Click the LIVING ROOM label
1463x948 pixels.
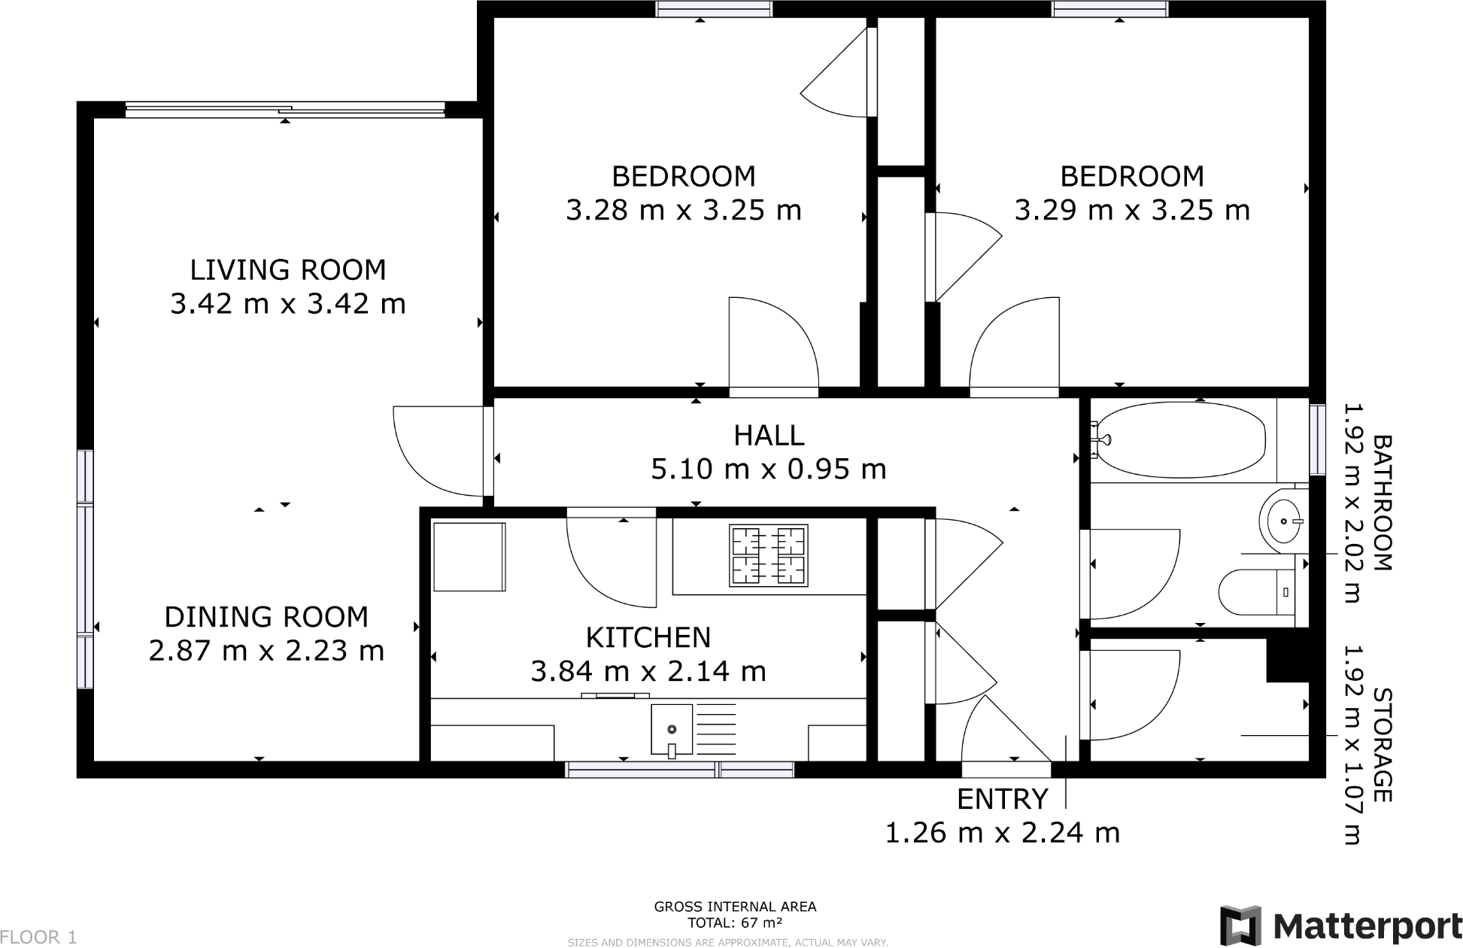[x=287, y=269]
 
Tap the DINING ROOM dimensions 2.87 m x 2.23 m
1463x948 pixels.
[x=266, y=650]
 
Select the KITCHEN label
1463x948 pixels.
[x=648, y=637]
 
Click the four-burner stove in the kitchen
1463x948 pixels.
[x=768, y=555]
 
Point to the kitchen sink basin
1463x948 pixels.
[x=671, y=728]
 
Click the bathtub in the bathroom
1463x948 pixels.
[x=1181, y=440]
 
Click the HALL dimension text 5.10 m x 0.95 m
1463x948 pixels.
[x=768, y=469]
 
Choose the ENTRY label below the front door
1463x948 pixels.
[x=1002, y=798]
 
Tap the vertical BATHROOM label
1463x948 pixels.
[x=1383, y=503]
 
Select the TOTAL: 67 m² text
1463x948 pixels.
[x=735, y=922]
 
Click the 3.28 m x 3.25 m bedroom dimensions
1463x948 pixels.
[x=683, y=210]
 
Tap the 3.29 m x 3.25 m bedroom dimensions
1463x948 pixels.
[x=1131, y=210]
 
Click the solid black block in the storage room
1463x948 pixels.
[x=1288, y=660]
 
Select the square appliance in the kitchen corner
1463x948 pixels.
[x=468, y=557]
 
